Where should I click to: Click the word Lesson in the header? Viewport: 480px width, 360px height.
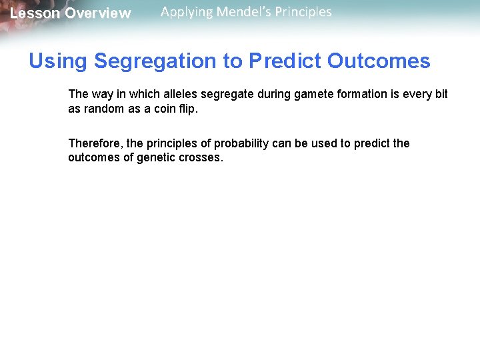coord(35,13)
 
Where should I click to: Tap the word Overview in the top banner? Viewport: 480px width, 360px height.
coord(98,13)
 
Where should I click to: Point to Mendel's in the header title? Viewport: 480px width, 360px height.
coord(246,12)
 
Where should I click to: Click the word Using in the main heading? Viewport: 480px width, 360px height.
coord(58,61)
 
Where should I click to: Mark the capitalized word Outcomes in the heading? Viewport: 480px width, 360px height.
coord(379,61)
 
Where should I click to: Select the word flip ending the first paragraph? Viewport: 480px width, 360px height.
coord(188,109)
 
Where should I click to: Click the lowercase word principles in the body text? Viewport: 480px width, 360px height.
coord(173,143)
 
